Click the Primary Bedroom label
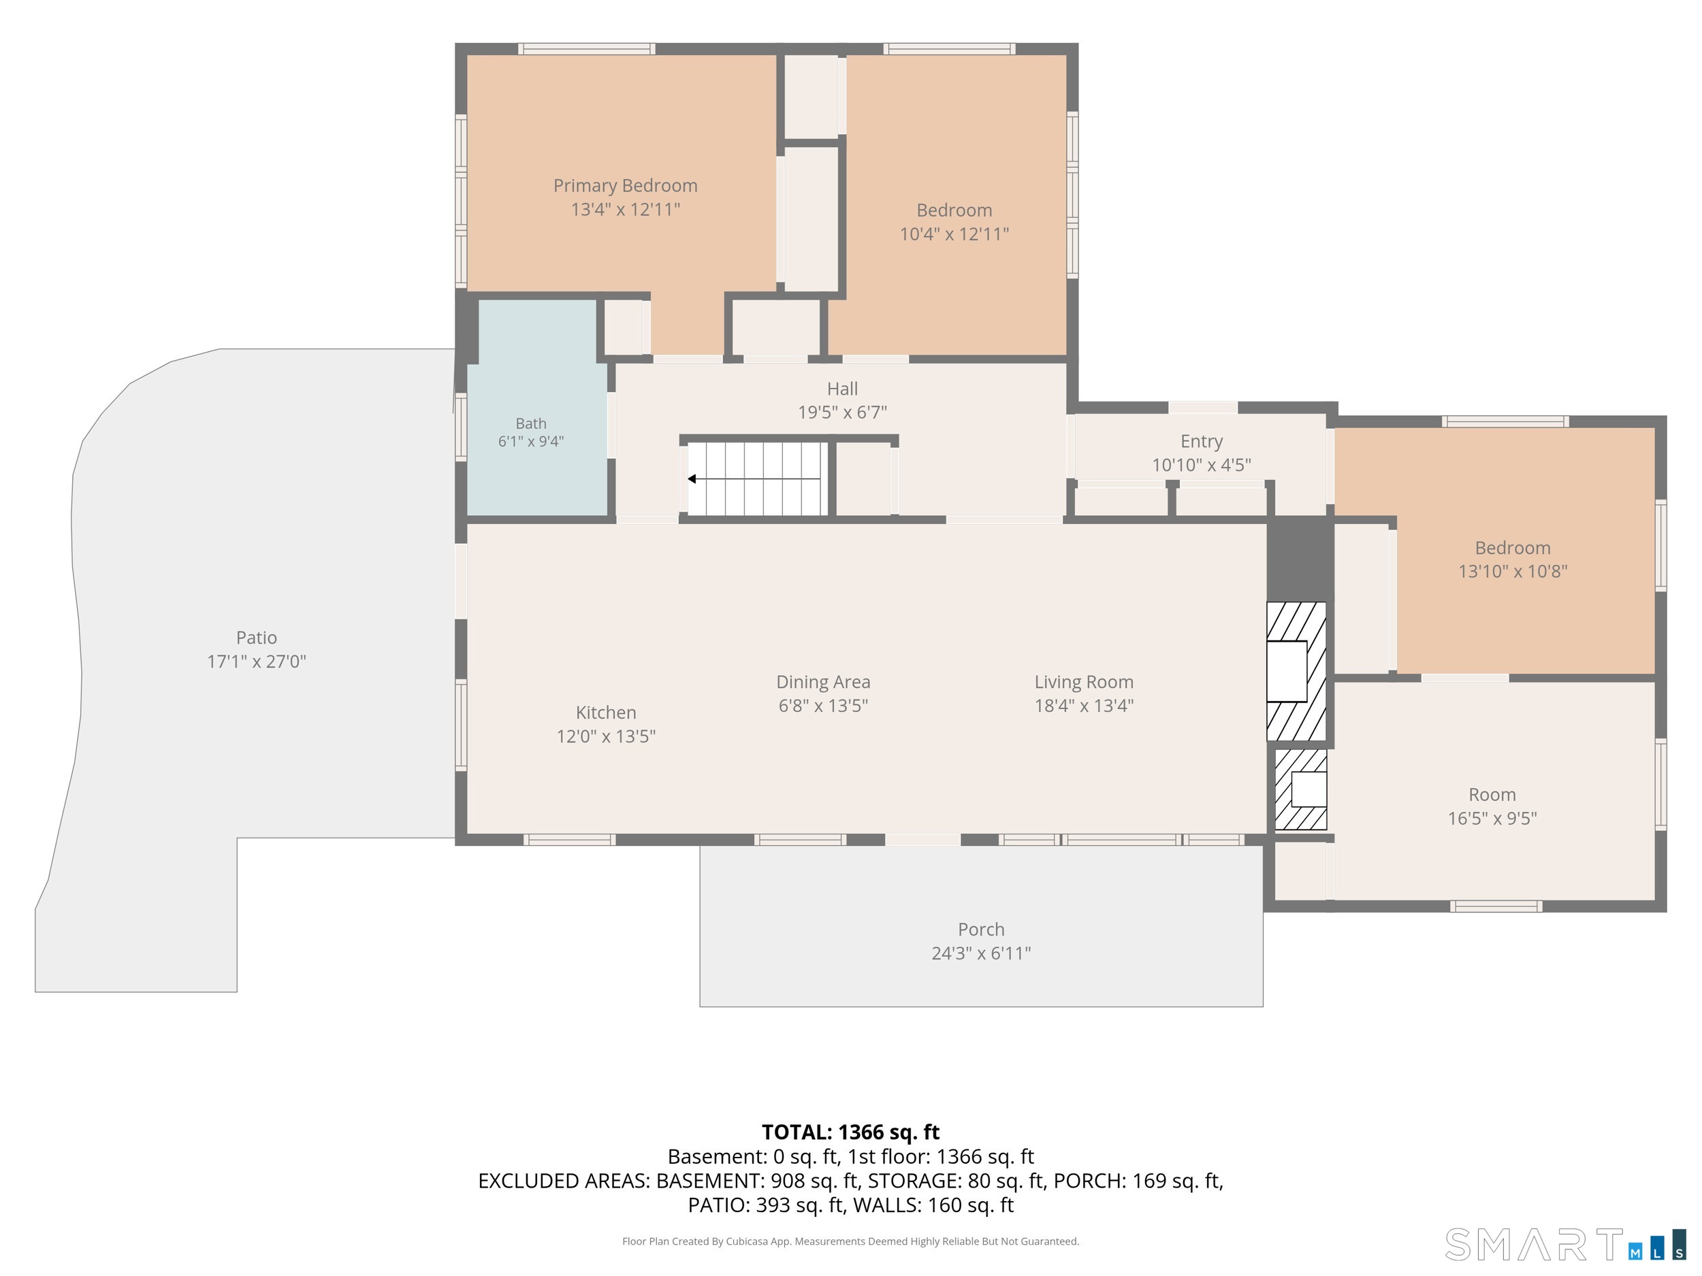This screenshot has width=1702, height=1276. click(625, 185)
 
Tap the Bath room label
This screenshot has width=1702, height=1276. click(531, 423)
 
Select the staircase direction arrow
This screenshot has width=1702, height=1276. click(754, 478)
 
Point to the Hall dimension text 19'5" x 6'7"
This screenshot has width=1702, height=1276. click(843, 412)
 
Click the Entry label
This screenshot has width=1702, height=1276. click(1201, 442)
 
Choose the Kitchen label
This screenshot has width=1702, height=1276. click(607, 713)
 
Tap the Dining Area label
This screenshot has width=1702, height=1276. click(823, 682)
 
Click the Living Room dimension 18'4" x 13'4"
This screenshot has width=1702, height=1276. click(1084, 705)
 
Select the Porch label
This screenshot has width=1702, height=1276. click(981, 929)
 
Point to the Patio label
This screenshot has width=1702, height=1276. click(256, 638)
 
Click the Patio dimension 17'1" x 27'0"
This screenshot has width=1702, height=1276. click(256, 661)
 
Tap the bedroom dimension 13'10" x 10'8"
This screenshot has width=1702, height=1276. click(1513, 572)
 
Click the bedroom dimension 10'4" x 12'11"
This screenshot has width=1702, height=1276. click(954, 234)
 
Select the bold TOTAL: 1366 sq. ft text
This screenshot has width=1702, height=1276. click(850, 1132)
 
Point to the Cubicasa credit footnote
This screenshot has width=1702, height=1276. click(850, 1241)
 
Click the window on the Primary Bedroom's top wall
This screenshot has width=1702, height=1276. click(586, 49)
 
